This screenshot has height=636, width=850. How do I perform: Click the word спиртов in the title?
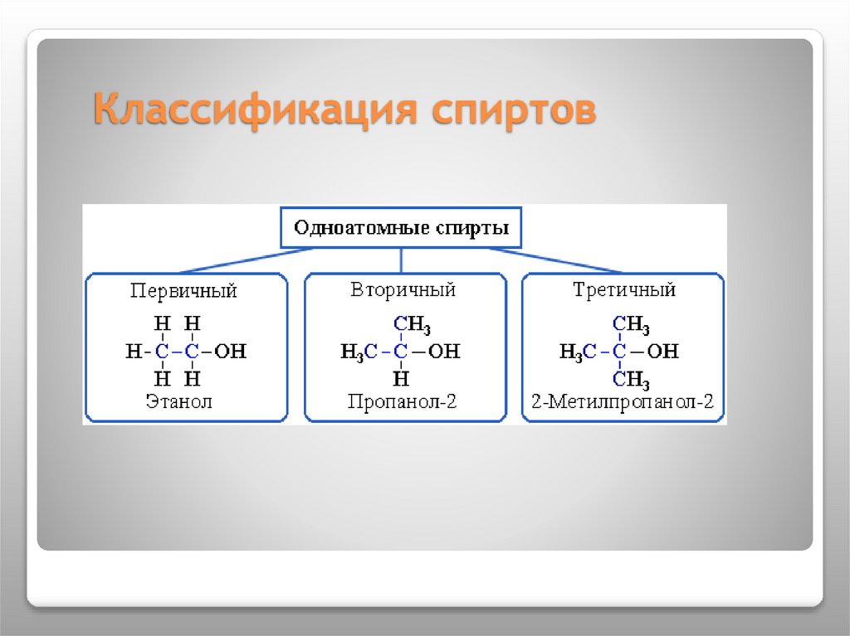click(512, 110)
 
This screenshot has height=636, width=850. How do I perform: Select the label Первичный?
click(183, 291)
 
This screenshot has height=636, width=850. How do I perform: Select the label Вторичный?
click(403, 290)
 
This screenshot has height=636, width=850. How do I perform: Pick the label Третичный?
click(624, 290)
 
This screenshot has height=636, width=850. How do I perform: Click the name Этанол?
click(178, 403)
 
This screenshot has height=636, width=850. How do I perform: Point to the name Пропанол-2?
click(403, 403)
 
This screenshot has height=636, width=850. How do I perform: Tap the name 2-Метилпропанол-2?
click(623, 404)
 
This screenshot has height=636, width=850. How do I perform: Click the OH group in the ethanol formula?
click(230, 352)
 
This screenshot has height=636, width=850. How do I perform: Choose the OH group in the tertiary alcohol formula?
click(662, 352)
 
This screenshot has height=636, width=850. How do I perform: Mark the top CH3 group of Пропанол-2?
click(412, 324)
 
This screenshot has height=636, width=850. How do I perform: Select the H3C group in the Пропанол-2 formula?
click(359, 352)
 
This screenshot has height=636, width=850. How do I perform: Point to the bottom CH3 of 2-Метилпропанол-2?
click(631, 381)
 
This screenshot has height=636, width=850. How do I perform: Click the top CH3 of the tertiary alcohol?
click(631, 324)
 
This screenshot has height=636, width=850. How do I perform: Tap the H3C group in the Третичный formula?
click(578, 352)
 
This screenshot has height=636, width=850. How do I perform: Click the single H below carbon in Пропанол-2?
click(402, 380)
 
